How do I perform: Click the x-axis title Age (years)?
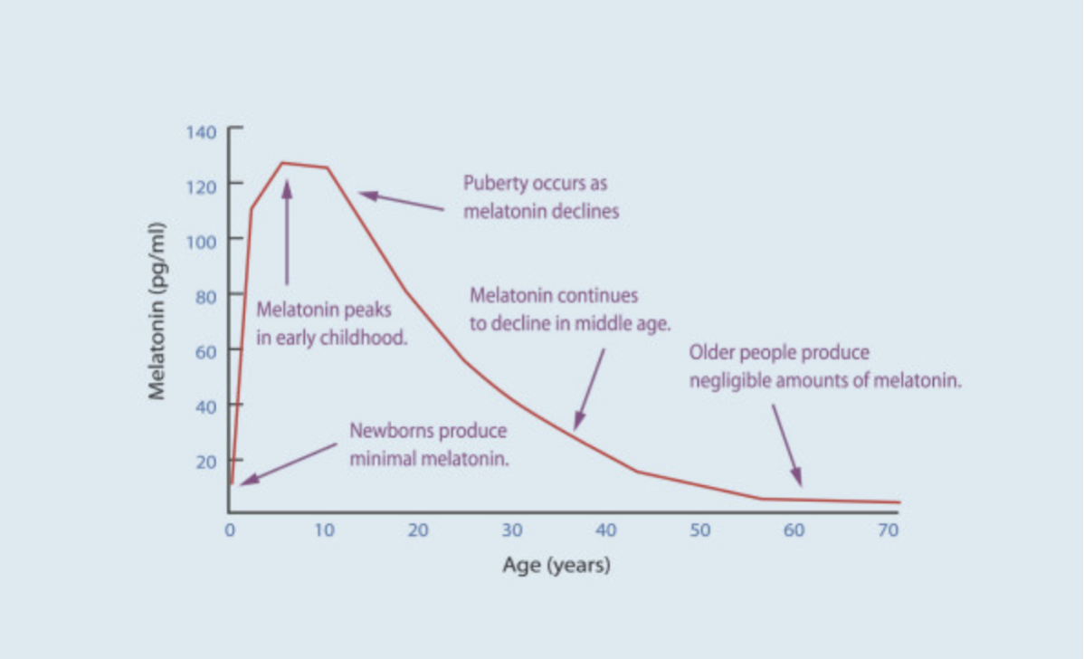[x=556, y=566]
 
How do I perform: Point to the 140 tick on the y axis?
[x=202, y=132]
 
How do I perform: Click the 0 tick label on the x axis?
[x=230, y=530]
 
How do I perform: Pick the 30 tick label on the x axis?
[x=512, y=530]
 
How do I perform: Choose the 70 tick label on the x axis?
[x=888, y=530]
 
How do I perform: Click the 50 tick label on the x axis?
[x=699, y=530]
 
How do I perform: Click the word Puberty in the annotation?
[x=492, y=184]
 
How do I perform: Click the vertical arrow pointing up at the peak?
[x=287, y=232]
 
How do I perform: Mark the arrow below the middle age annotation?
[x=589, y=389]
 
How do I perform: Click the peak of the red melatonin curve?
[x=283, y=163]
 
